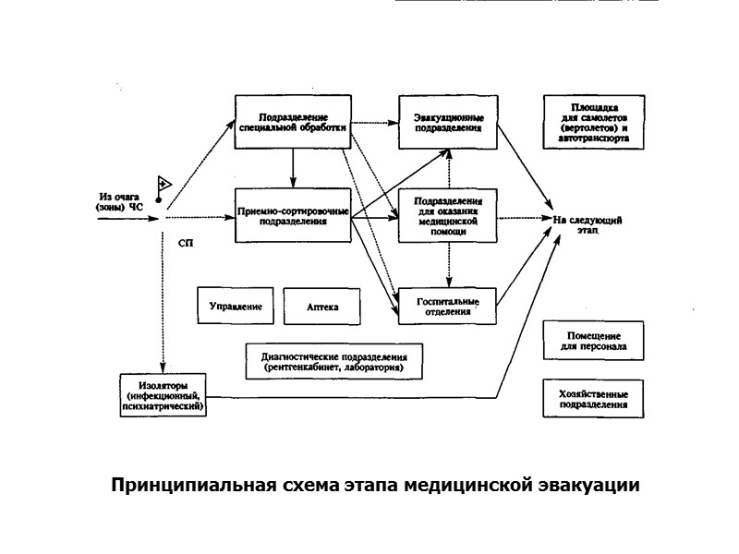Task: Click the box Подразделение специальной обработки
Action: click(x=292, y=121)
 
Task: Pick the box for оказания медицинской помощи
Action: click(x=449, y=217)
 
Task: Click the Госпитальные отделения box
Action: click(x=449, y=306)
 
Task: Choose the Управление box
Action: click(x=236, y=306)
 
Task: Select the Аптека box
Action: click(x=321, y=306)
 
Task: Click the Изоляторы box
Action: click(x=164, y=394)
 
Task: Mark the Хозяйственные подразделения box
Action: click(x=592, y=398)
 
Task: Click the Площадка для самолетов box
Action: click(x=592, y=123)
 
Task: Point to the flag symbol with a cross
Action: click(x=164, y=186)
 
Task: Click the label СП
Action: click(x=185, y=244)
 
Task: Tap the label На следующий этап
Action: click(x=588, y=225)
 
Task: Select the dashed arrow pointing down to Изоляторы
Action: click(x=163, y=305)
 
